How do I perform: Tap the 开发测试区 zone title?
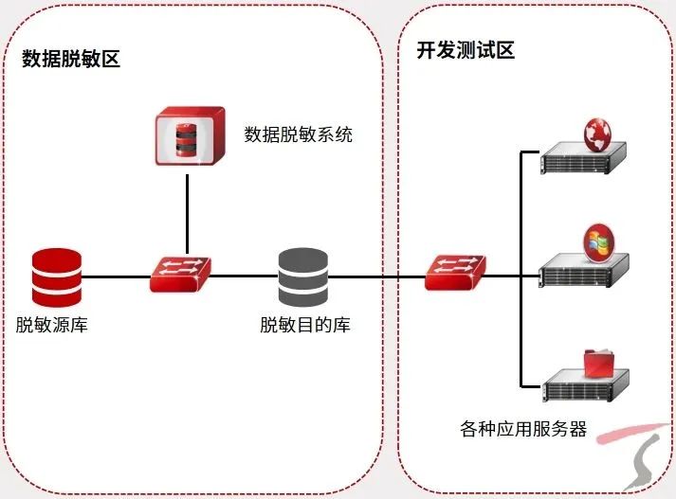click(466, 51)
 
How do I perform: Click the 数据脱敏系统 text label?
click(298, 134)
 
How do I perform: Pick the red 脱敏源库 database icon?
click(56, 276)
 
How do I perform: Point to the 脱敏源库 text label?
click(52, 326)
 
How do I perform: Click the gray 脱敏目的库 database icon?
click(303, 276)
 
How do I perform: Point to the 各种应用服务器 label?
click(523, 429)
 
